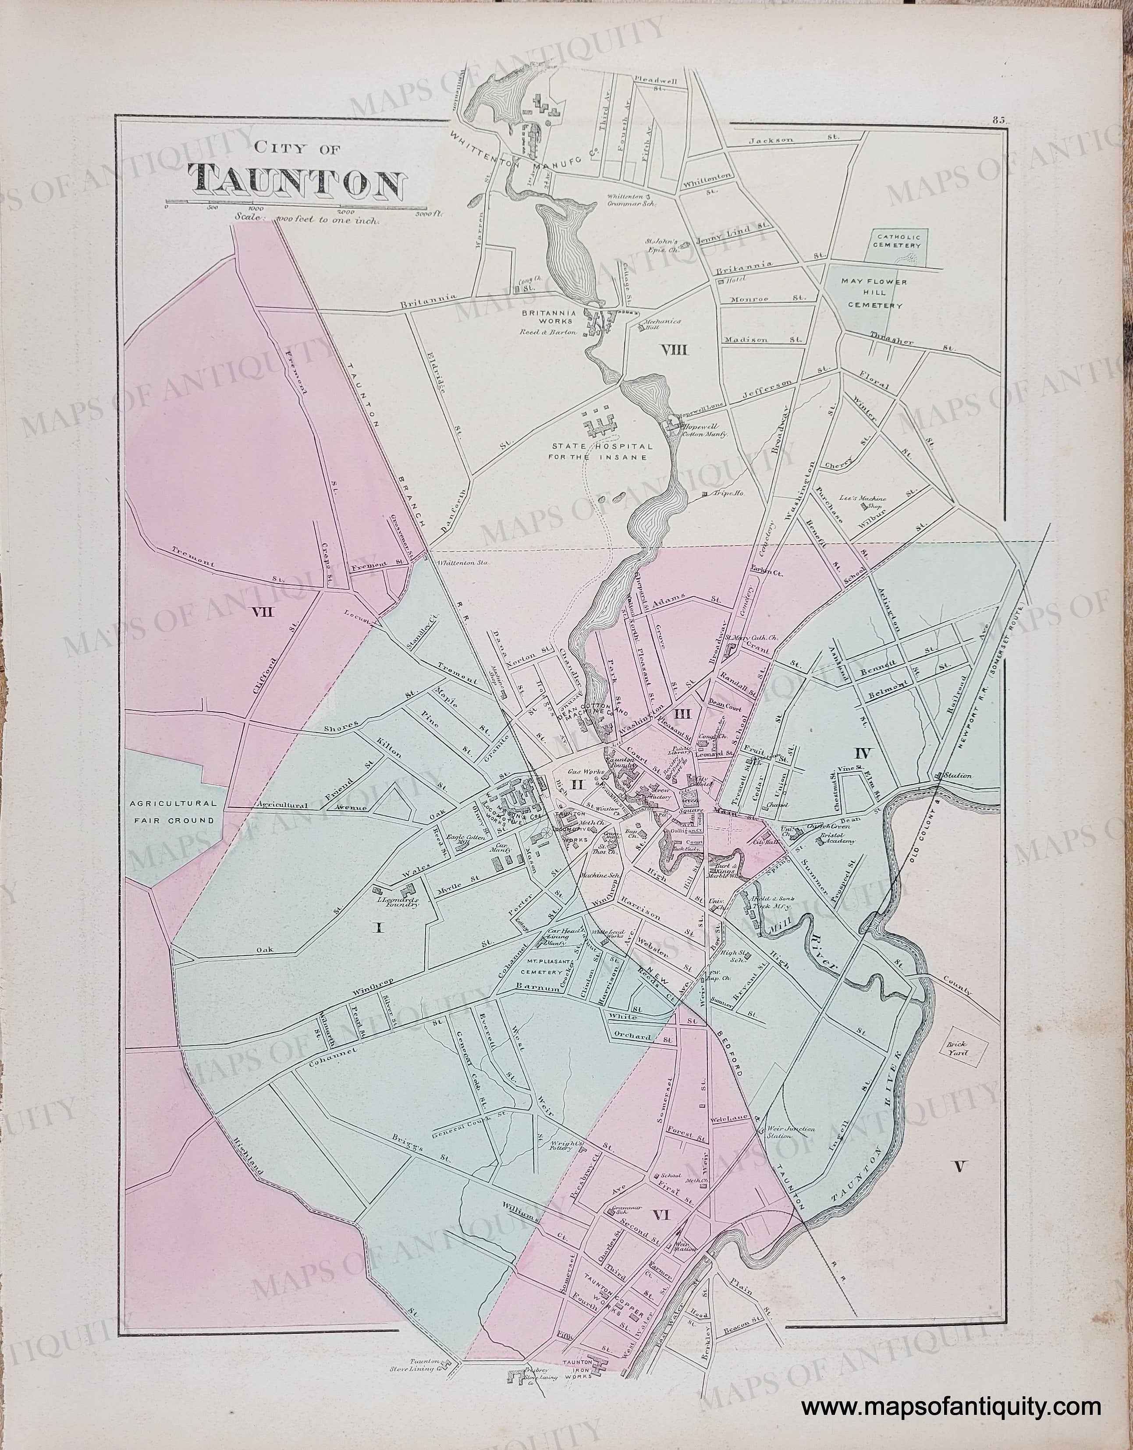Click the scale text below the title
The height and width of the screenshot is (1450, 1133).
coord(305,218)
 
